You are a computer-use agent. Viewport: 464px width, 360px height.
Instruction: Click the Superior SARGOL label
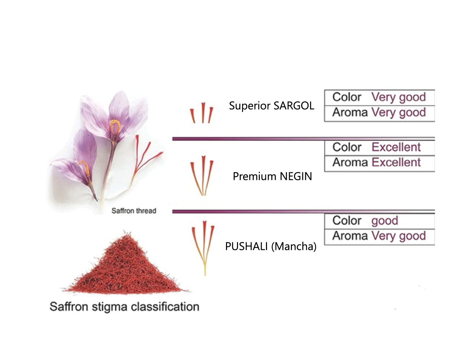(x=271, y=106)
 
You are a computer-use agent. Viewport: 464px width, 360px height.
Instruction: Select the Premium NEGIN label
(x=272, y=176)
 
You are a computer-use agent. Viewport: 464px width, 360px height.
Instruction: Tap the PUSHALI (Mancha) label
(x=271, y=246)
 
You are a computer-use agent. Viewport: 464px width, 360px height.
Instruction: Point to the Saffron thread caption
(x=134, y=211)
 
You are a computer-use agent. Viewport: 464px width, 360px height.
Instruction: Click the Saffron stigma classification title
(x=124, y=307)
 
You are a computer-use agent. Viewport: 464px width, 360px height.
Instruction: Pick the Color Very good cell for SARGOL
(x=379, y=97)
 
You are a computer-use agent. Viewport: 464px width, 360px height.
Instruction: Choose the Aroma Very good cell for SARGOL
(x=379, y=113)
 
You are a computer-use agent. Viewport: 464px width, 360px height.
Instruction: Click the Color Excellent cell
(x=379, y=147)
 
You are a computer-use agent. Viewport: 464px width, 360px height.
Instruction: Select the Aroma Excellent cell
(x=379, y=163)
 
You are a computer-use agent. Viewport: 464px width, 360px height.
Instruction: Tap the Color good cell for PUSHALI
(x=379, y=221)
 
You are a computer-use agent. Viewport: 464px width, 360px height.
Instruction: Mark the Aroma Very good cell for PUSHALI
(x=379, y=236)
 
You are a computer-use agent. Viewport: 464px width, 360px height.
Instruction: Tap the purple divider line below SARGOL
(x=267, y=139)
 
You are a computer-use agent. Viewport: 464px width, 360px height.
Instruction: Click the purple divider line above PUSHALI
(x=267, y=211)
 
